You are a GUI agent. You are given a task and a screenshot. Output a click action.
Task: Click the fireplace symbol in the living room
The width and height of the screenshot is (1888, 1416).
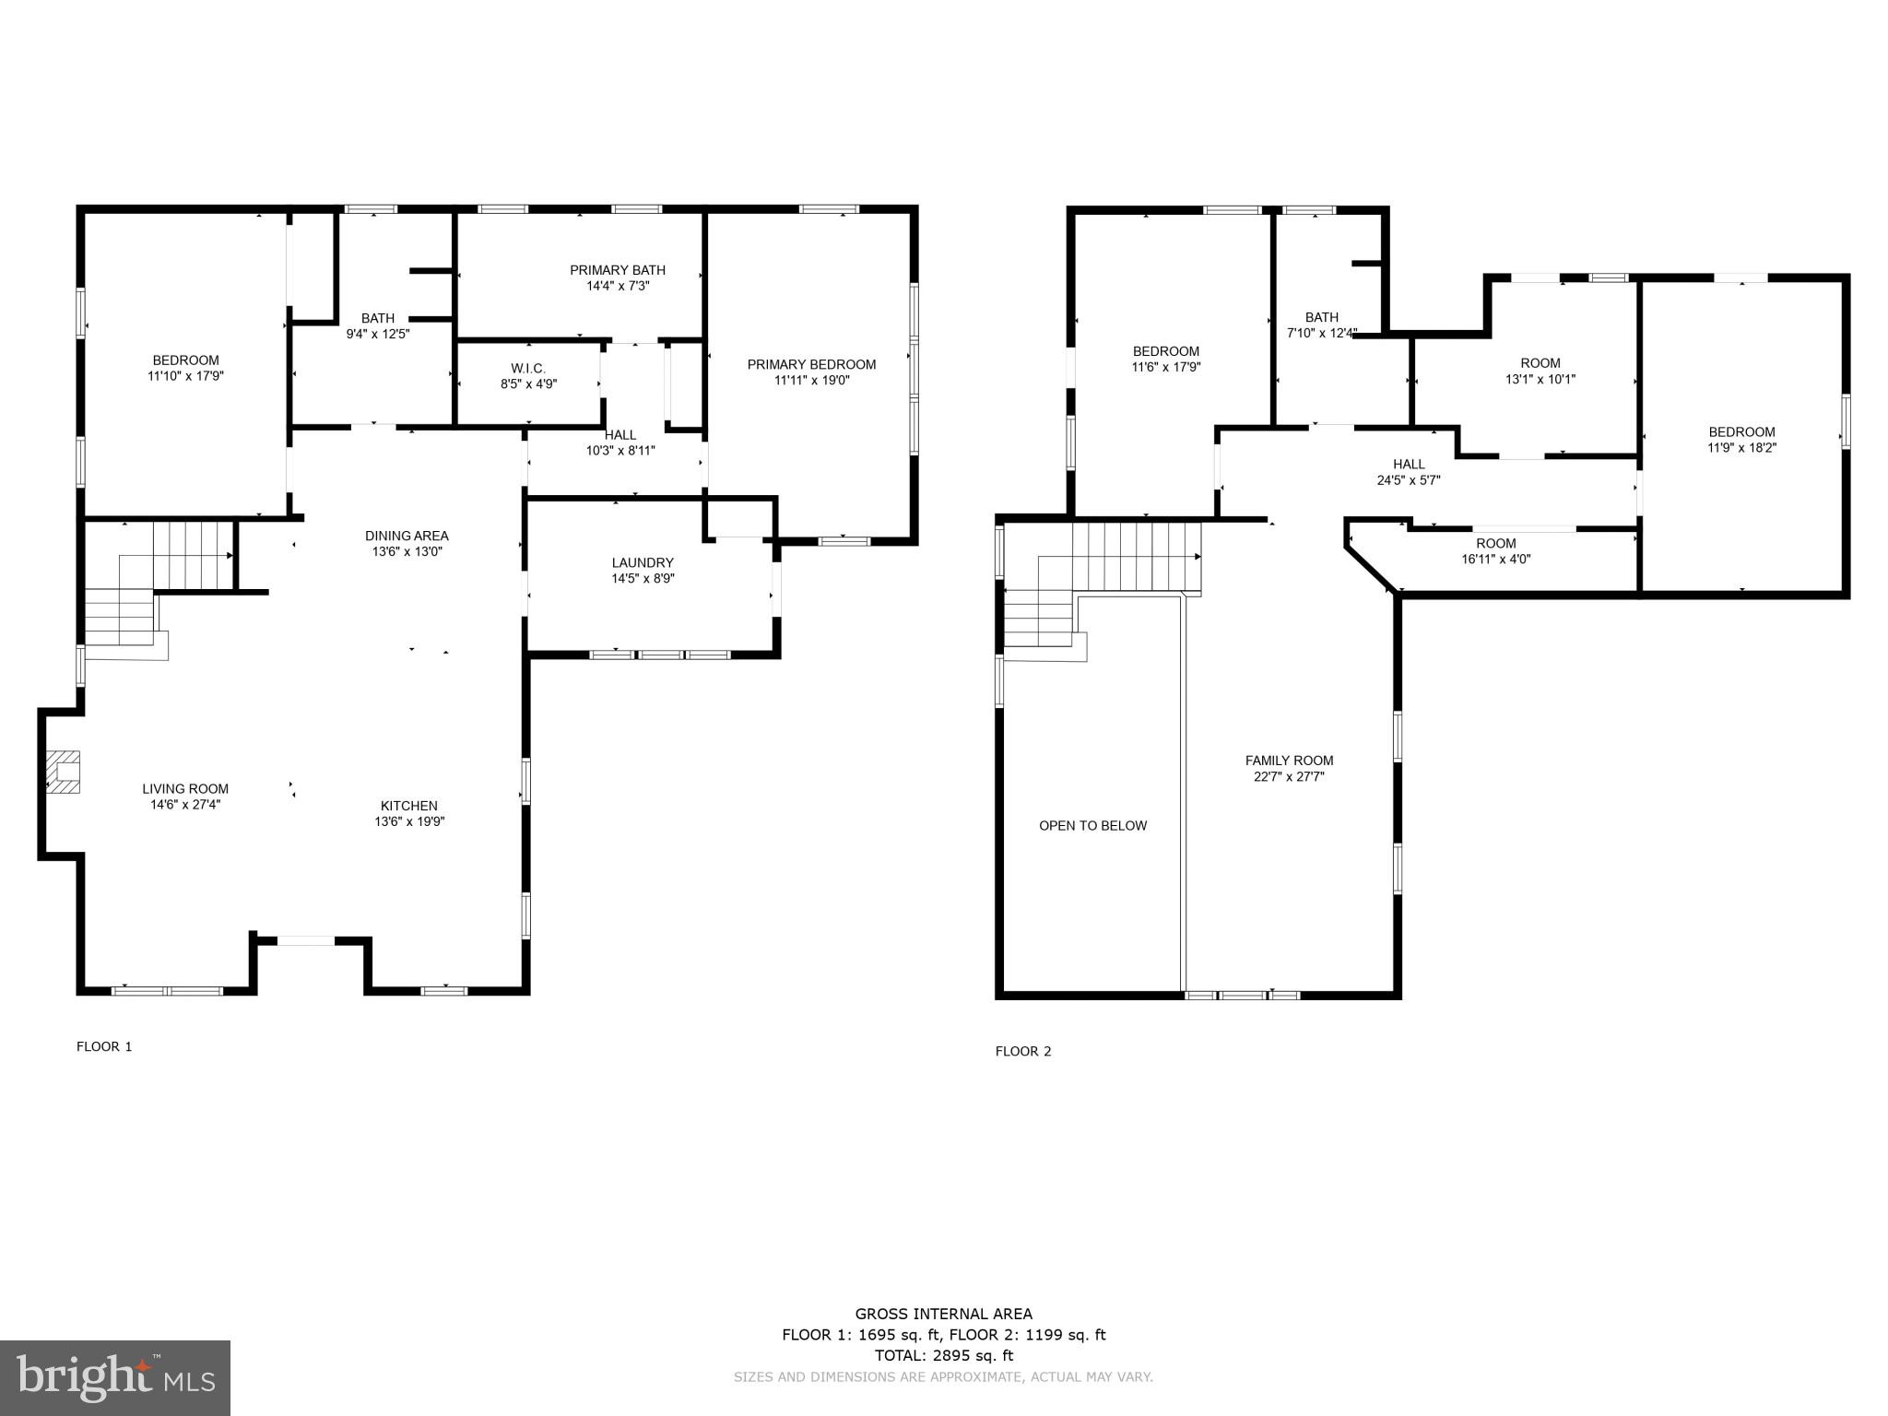64,772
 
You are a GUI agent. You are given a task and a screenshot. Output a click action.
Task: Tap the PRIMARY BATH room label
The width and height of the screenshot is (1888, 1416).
617,270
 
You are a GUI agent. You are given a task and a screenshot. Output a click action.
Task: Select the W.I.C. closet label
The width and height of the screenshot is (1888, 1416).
528,369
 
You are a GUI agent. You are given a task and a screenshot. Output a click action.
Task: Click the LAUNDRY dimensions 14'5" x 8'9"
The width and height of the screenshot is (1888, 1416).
643,579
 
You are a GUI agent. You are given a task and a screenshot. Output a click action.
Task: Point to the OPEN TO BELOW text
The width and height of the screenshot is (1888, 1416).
1092,826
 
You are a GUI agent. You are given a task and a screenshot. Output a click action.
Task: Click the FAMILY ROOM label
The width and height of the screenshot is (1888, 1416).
1289,761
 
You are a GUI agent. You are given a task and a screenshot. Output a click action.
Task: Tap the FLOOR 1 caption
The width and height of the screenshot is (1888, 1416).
104,1046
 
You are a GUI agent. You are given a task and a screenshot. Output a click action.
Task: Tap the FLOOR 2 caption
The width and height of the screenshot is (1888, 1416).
1022,1051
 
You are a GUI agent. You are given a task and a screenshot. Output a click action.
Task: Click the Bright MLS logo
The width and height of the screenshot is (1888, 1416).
115,1378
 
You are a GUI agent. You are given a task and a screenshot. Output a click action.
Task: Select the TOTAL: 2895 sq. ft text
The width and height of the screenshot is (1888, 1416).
943,1355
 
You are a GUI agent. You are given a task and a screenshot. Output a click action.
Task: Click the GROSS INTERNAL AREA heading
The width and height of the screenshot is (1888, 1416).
943,1315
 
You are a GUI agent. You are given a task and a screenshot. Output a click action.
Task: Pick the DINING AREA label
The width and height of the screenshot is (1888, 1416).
407,536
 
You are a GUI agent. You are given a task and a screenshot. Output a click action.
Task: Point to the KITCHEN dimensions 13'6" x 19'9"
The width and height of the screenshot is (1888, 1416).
409,821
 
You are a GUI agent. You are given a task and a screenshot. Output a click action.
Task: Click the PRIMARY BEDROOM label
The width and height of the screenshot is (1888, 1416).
811,364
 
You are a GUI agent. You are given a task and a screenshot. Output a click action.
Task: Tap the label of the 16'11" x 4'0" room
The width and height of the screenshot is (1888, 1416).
1495,544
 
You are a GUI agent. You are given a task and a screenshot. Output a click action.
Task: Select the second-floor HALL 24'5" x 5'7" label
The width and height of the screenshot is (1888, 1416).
1409,465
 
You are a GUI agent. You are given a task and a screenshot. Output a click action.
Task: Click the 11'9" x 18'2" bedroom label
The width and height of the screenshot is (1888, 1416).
1741,432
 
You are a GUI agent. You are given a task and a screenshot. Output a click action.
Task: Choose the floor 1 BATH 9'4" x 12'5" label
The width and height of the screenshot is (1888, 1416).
377,318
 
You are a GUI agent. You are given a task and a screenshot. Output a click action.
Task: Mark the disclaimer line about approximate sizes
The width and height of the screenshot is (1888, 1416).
943,1377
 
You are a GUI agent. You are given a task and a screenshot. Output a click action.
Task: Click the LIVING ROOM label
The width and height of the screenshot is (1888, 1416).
185,788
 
